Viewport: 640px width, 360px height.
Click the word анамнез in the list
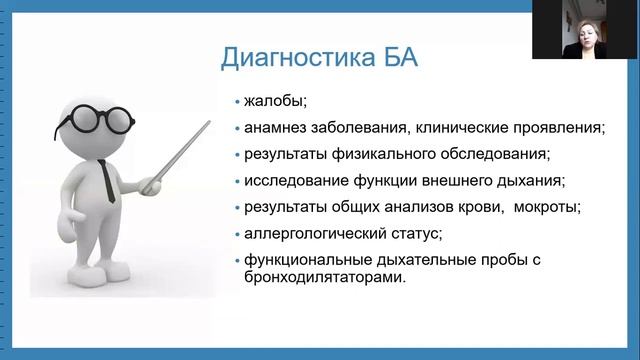tap(276, 128)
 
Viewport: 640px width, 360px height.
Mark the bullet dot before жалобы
tap(237, 102)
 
